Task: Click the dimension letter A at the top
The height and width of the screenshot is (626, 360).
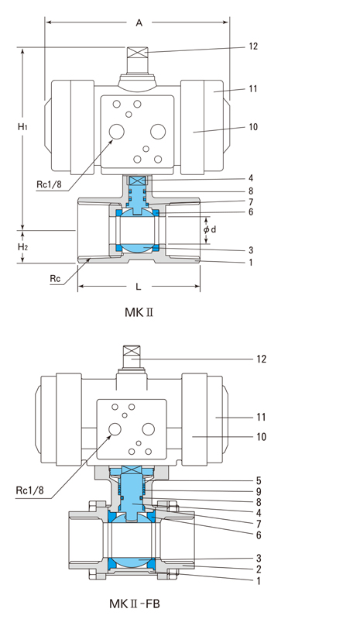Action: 139,22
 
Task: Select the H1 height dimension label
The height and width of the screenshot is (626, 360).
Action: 22,127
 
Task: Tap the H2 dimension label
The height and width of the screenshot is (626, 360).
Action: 22,247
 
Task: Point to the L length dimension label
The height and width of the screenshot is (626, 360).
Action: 139,287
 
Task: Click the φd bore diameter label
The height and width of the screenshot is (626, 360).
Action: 210,229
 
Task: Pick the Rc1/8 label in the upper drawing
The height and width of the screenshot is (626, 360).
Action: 49,184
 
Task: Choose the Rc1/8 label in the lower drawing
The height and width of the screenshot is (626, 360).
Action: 30,490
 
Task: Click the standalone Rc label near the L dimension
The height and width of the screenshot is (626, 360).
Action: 56,278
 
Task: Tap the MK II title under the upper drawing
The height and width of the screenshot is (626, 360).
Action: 139,312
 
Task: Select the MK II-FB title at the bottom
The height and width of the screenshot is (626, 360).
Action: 135,604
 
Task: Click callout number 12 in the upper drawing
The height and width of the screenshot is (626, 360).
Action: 253,46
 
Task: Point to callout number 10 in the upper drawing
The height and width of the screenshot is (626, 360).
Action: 253,127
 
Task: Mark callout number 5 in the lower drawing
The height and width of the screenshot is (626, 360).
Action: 259,481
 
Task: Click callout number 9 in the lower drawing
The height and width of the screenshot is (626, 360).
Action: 259,492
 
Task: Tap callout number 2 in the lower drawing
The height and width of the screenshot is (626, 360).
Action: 259,569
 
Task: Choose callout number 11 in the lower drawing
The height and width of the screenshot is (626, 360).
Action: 261,417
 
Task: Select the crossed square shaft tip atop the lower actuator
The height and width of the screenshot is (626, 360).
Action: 132,350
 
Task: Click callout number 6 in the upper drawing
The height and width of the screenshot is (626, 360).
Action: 251,212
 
